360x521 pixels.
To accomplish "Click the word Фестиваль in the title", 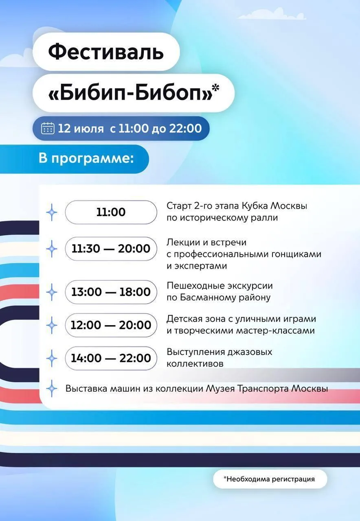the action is pyautogui.click(x=106, y=52).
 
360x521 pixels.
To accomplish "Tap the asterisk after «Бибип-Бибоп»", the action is pyautogui.click(x=216, y=88).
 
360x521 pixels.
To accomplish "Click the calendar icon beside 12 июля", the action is pyautogui.click(x=48, y=128).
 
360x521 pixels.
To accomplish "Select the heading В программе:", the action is pyautogui.click(x=86, y=159).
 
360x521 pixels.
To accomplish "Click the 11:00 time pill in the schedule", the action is pyautogui.click(x=111, y=212).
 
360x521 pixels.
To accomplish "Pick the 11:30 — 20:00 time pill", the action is pyautogui.click(x=111, y=249).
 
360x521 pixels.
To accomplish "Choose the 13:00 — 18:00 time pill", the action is pyautogui.click(x=111, y=292).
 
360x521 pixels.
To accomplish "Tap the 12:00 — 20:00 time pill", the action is pyautogui.click(x=111, y=325).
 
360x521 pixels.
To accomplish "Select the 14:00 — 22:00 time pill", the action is pyautogui.click(x=111, y=358).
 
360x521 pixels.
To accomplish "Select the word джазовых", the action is pyautogui.click(x=250, y=352).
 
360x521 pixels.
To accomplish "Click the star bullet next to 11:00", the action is pyautogui.click(x=52, y=212).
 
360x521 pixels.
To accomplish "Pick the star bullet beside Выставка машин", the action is pyautogui.click(x=52, y=389).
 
